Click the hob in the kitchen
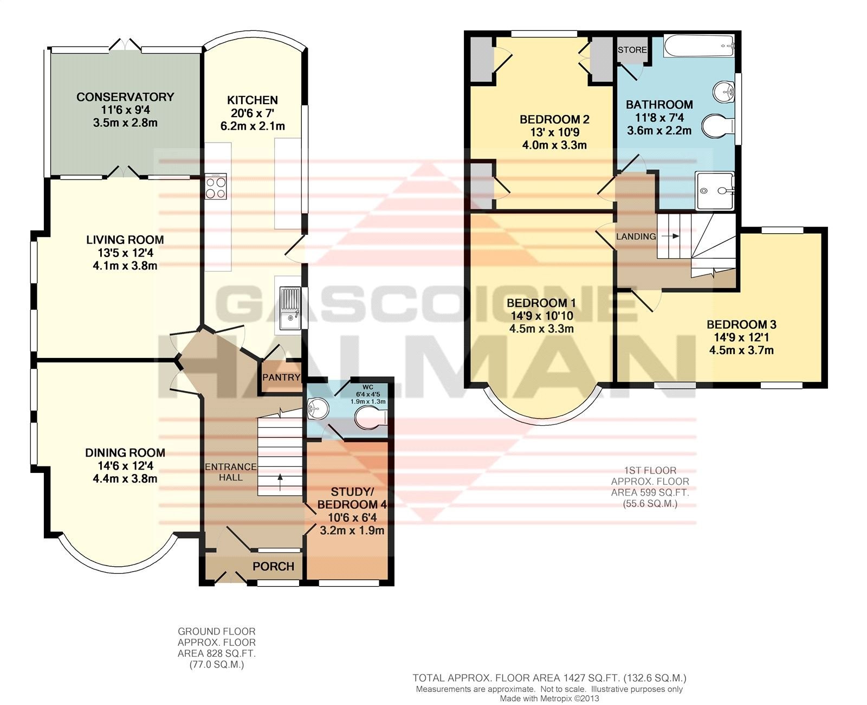pyautogui.click(x=216, y=187)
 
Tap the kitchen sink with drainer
pyautogui.click(x=290, y=309)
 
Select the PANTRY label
pyautogui.click(x=281, y=377)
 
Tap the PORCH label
pyautogui.click(x=273, y=566)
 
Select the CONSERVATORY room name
pyautogui.click(x=125, y=97)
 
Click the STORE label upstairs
pyautogui.click(x=632, y=50)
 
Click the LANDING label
pyautogui.click(x=636, y=236)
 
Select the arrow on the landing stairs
pyautogui.click(x=670, y=236)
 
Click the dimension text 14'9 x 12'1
pyautogui.click(x=741, y=337)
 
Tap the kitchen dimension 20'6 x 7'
pyautogui.click(x=253, y=113)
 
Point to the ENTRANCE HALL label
pyautogui.click(x=231, y=472)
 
